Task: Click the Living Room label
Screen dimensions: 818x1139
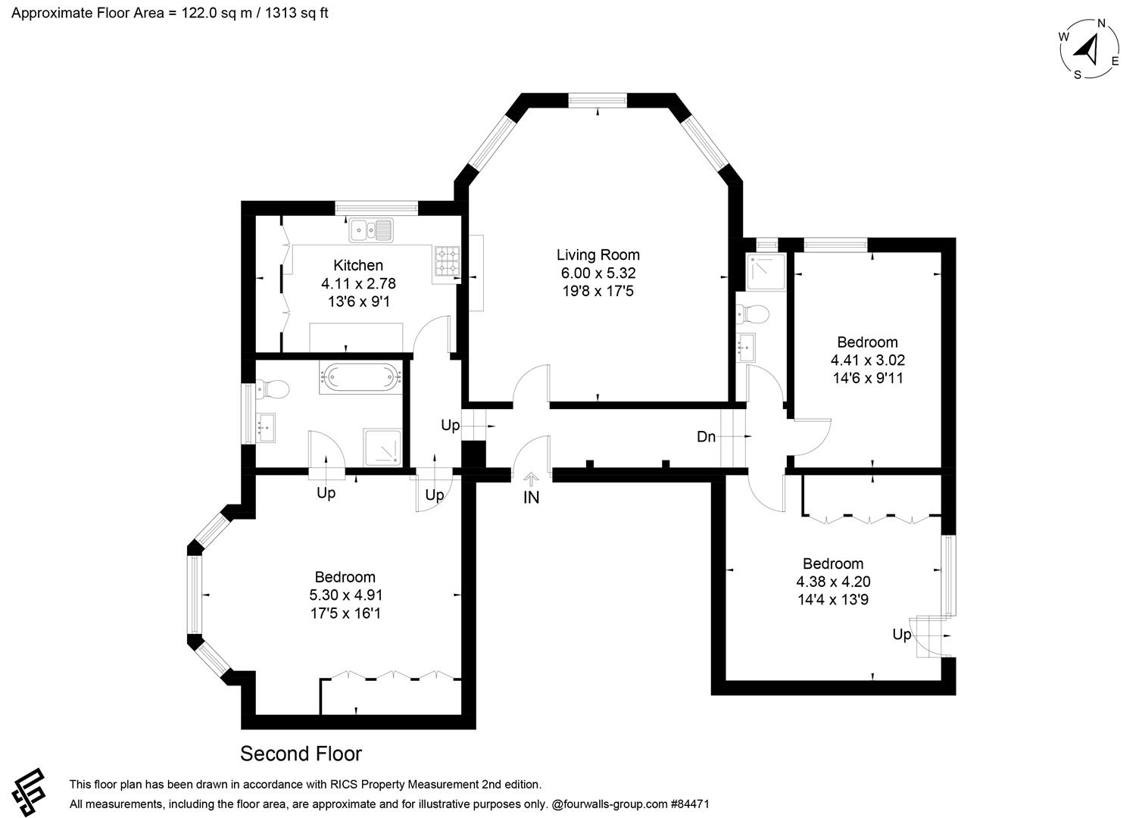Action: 598,255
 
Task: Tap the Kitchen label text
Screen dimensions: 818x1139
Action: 358,265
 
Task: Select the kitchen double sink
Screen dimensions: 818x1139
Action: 371,229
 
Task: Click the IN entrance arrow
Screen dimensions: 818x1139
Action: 531,479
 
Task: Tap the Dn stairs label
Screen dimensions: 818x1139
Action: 706,437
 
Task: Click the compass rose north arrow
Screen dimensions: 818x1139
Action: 1090,49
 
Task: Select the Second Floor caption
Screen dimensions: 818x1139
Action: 301,754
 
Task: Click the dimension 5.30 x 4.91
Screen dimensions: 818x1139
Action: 345,595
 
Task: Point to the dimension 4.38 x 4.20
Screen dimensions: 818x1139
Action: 833,582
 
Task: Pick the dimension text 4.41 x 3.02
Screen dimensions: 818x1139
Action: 867,361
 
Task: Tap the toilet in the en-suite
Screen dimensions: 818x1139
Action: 754,313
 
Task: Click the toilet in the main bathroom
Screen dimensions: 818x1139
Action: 273,389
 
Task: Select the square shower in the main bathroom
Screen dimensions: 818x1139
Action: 382,447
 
